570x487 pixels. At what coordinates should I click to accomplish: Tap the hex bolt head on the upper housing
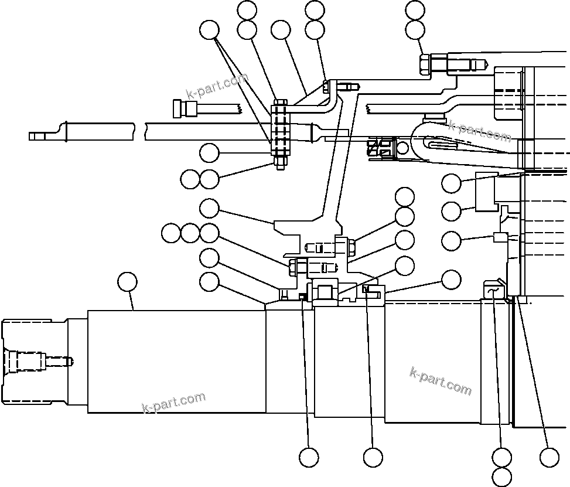click(425, 63)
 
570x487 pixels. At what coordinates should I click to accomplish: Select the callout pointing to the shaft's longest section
click(127, 282)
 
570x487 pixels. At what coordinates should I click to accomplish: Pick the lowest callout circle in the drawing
click(502, 476)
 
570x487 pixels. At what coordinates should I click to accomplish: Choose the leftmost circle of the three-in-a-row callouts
click(171, 233)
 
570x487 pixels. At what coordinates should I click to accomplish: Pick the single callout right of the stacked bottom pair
click(549, 457)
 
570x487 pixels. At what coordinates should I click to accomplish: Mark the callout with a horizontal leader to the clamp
click(209, 154)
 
